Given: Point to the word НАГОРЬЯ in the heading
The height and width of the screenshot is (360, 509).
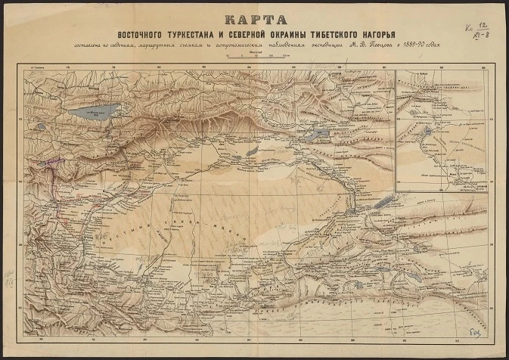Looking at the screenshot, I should point(383,36).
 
